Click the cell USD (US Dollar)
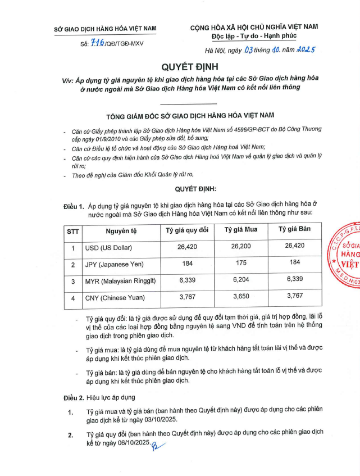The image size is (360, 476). [108, 248]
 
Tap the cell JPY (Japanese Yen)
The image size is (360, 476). [114, 265]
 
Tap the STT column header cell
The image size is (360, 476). [73, 231]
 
